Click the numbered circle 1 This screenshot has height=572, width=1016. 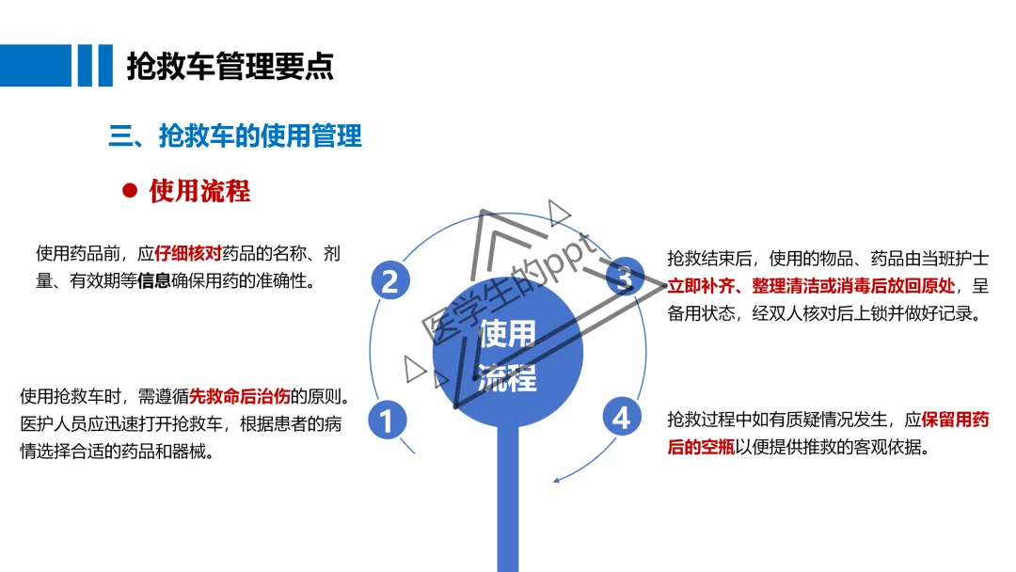387,420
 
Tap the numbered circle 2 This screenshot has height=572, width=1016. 390,280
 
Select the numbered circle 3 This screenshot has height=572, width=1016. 622,277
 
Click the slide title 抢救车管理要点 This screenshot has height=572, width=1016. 230,67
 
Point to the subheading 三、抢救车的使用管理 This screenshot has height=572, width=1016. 235,136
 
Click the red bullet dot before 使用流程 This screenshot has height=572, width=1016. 130,191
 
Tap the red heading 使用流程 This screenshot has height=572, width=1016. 199,191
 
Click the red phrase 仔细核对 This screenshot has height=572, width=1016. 188,254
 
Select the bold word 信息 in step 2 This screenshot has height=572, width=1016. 153,280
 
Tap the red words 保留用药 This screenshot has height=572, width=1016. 955,421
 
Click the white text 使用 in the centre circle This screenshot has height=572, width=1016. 507,333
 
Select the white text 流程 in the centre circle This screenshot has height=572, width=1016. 507,378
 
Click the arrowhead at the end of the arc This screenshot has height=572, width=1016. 557,480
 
